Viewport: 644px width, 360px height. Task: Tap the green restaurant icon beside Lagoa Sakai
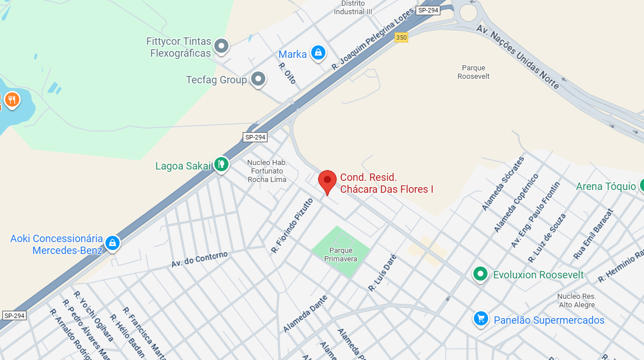(221, 164)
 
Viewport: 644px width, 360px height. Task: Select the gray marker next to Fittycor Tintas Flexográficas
(221, 46)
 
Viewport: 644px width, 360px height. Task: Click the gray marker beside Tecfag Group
(259, 79)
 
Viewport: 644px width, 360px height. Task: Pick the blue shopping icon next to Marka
(319, 53)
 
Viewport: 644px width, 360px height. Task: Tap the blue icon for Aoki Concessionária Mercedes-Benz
(112, 243)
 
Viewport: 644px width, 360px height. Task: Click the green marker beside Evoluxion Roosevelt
(481, 274)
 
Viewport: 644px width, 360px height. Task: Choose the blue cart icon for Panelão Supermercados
(481, 319)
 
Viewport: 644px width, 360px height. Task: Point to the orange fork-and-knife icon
(11, 100)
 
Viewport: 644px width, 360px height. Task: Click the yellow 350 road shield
(401, 37)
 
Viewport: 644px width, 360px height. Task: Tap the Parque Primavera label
(341, 255)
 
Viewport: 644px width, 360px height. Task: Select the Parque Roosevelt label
(473, 72)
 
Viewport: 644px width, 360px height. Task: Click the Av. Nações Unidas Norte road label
(518, 56)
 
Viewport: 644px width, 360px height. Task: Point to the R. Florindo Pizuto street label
(292, 225)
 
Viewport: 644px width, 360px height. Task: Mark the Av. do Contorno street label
(200, 260)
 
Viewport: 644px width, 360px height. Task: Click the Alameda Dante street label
(306, 314)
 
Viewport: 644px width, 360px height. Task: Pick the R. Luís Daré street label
(383, 273)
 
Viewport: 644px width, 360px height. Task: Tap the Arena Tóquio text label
(605, 187)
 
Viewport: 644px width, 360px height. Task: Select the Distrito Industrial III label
(353, 7)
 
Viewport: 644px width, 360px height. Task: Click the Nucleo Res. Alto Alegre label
(576, 300)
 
